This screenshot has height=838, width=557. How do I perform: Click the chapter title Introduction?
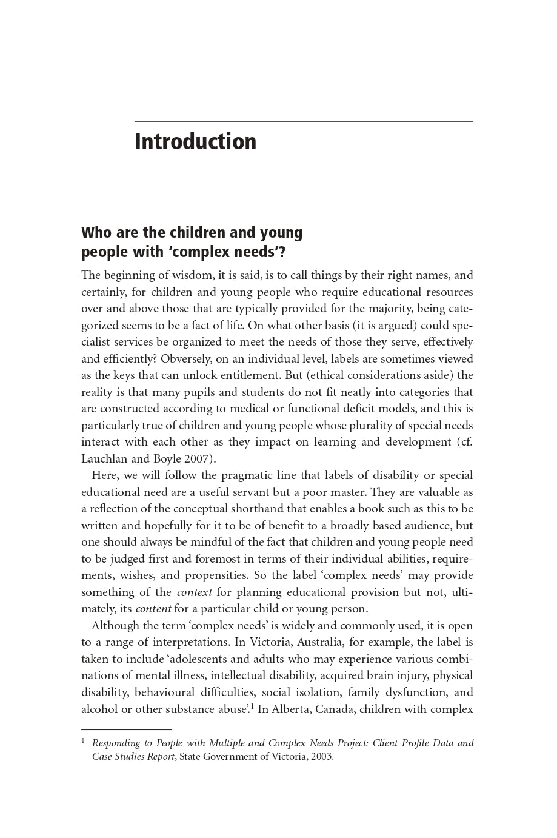click(195, 142)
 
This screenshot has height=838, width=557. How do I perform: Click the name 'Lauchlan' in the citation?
click(104, 459)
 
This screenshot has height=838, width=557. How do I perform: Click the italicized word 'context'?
click(194, 592)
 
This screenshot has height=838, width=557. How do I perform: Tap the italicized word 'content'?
click(153, 609)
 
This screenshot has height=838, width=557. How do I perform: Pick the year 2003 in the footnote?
click(321, 757)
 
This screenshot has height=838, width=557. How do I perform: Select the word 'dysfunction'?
click(412, 692)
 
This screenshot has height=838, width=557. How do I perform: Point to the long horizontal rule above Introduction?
click(304, 121)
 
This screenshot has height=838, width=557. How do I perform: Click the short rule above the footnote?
click(127, 729)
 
